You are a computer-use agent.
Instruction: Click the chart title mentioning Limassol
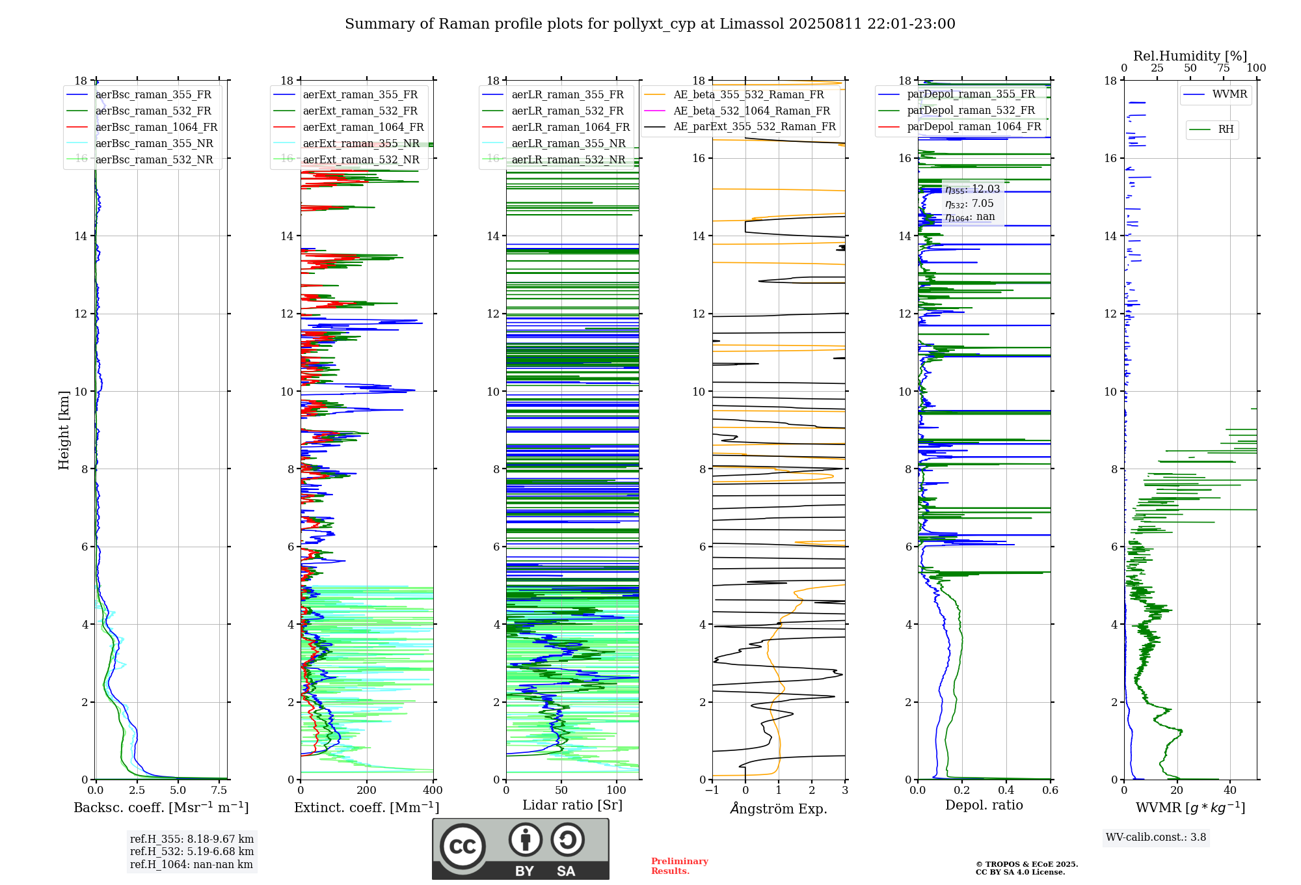click(x=650, y=24)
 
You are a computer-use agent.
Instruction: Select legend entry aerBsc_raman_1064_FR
click(x=156, y=128)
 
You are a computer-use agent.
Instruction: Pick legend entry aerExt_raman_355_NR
click(x=361, y=144)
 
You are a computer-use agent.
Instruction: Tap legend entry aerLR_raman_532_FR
click(x=567, y=111)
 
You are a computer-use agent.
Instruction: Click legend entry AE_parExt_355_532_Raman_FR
click(x=754, y=127)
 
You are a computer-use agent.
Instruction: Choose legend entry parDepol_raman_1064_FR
click(x=974, y=127)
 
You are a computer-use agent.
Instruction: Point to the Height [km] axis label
click(x=64, y=430)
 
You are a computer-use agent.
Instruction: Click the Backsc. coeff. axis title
click(x=161, y=808)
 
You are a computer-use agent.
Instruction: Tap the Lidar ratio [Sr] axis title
click(x=572, y=805)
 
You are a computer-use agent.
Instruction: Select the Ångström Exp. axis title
click(x=779, y=809)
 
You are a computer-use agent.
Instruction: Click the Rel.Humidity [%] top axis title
click(x=1190, y=56)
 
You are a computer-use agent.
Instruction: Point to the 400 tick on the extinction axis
click(x=433, y=791)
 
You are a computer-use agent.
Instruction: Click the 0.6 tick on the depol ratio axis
click(x=1050, y=791)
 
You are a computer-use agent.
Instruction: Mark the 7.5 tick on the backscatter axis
click(x=219, y=791)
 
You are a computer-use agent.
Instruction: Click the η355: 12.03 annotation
click(x=972, y=189)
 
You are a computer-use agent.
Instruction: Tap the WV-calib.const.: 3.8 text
click(x=1156, y=837)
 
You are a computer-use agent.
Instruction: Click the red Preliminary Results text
click(x=679, y=866)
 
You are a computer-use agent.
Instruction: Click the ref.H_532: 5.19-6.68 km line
click(x=192, y=852)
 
